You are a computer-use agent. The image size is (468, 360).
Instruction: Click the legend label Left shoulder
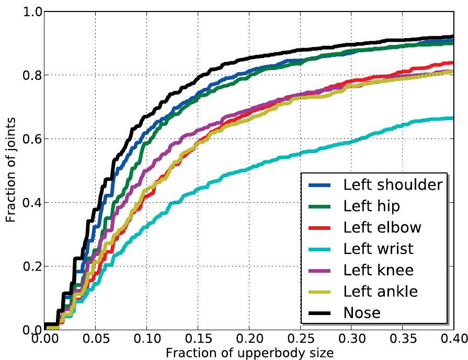pos(392,184)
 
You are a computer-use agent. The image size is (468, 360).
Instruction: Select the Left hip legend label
pos(371,206)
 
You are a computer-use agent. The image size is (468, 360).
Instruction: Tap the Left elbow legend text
pos(382,227)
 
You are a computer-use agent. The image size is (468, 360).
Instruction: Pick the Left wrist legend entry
pos(378,249)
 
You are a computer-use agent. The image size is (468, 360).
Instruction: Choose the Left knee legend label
pos(378,270)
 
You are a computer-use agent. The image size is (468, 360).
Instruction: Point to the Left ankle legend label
pos(380,292)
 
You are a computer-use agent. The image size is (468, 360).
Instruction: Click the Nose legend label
pos(362,312)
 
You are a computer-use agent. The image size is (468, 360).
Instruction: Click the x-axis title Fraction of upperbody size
pos(249,353)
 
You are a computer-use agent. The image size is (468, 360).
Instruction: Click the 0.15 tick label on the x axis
pos(198,340)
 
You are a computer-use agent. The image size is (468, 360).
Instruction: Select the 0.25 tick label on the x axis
pos(300,340)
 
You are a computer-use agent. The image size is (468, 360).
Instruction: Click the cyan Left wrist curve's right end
pos(452,118)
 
